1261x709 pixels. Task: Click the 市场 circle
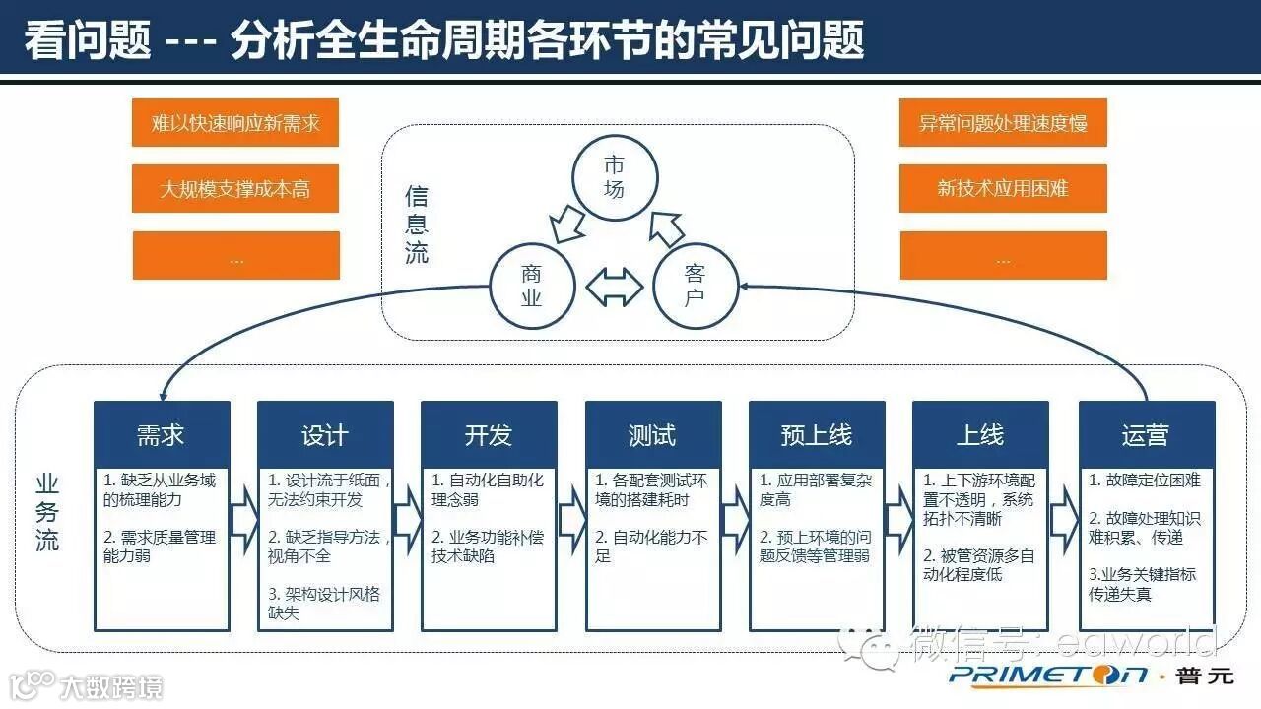pos(614,177)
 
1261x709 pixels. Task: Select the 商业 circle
pos(532,287)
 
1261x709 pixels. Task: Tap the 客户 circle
pos(696,287)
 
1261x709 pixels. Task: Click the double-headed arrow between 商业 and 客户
pos(614,288)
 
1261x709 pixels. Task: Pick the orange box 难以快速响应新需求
pos(235,123)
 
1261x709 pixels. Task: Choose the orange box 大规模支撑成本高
pos(235,188)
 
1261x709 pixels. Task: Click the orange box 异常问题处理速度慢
pos(1003,123)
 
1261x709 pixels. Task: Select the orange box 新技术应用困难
pos(1003,188)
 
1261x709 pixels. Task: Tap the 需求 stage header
pos(162,434)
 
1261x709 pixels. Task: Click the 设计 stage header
pos(325,434)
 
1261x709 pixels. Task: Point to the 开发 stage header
pos(489,434)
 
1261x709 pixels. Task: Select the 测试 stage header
pos(652,434)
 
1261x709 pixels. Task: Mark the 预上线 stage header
pos(817,434)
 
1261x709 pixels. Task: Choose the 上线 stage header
pos(980,434)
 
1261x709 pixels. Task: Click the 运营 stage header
pos(1145,434)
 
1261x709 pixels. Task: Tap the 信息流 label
pos(417,225)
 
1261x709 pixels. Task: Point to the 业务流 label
pos(47,512)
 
